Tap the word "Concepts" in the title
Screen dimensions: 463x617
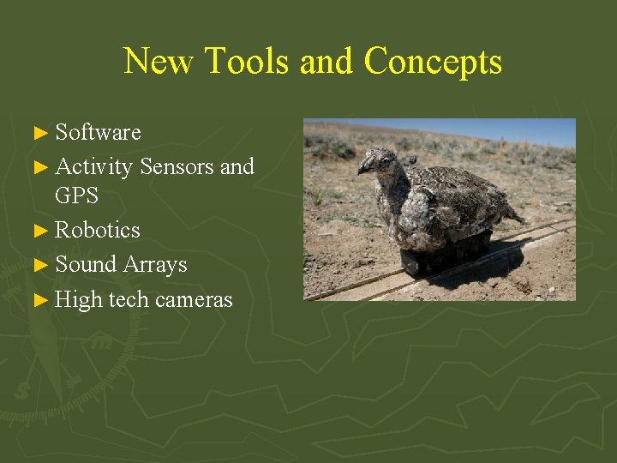point(433,62)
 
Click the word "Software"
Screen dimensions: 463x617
point(98,133)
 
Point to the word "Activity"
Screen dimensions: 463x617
point(93,166)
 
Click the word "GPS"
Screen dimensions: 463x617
point(76,196)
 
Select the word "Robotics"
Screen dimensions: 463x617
point(98,231)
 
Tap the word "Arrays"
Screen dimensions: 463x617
point(154,265)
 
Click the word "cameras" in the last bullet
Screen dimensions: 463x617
point(193,299)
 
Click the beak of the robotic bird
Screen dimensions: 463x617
point(362,168)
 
